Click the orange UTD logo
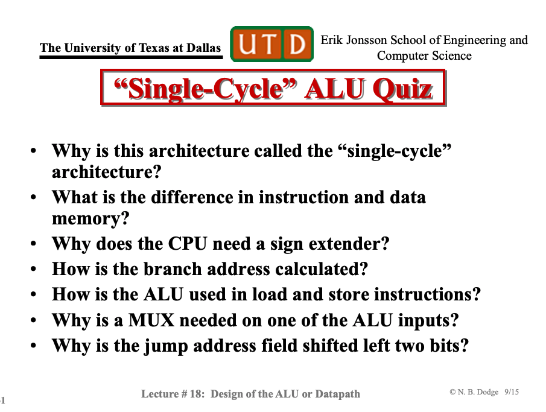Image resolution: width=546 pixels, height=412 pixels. (272, 44)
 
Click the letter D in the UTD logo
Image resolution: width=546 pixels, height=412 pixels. (297, 44)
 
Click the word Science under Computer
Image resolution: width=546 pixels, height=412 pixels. (452, 55)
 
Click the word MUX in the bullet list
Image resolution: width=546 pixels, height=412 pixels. (151, 320)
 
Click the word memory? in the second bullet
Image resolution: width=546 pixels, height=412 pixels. (90, 219)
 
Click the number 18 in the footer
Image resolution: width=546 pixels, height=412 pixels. (195, 393)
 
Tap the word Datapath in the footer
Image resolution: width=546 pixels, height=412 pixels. (337, 394)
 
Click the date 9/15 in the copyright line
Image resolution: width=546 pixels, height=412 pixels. (512, 392)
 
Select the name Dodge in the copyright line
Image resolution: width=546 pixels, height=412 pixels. (487, 392)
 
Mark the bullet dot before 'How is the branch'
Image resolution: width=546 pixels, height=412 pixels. (33, 269)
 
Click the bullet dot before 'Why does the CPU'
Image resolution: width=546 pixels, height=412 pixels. (33, 244)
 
